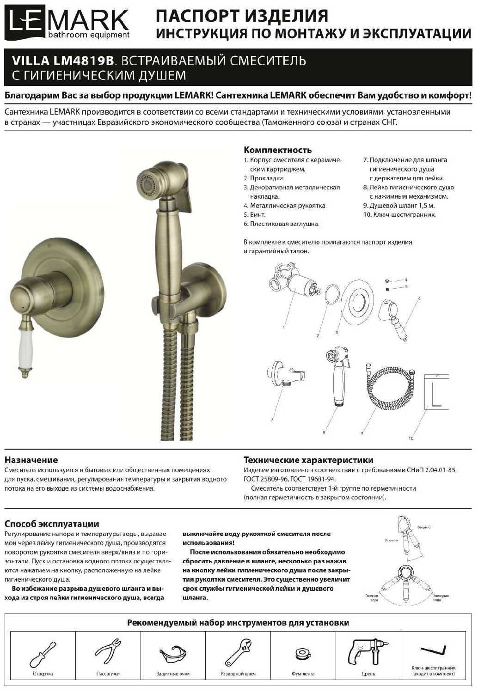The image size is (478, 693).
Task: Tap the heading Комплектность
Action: tap(277, 150)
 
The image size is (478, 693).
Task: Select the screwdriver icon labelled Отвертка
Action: tap(42, 654)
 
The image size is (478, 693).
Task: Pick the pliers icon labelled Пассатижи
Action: tap(108, 651)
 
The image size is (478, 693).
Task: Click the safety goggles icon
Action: tap(173, 655)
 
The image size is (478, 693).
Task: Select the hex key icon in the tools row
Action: tap(433, 651)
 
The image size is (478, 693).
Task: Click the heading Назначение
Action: tap(31, 460)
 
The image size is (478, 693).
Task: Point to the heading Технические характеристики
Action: tap(308, 460)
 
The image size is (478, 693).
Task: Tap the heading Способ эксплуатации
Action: tap(52, 524)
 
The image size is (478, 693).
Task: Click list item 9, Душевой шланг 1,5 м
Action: tap(398, 206)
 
